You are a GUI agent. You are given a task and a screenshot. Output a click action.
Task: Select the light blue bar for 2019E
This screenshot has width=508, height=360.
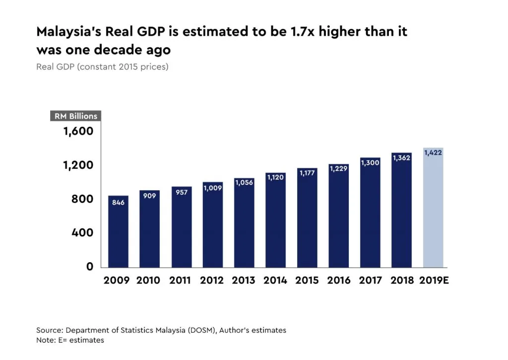point(433,208)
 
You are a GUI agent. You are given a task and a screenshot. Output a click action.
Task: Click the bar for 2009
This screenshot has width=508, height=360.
point(118,231)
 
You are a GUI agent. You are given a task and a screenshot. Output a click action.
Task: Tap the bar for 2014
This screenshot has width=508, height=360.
point(275,220)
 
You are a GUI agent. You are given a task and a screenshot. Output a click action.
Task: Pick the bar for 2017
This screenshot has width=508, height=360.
point(370,213)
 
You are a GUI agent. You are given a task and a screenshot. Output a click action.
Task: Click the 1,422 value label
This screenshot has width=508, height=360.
point(433,153)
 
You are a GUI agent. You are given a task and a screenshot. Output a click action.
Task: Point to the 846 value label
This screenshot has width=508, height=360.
point(118,203)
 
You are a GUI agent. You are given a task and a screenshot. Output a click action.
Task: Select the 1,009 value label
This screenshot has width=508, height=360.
point(212,188)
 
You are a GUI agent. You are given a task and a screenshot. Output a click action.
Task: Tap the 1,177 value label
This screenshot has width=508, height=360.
point(307,173)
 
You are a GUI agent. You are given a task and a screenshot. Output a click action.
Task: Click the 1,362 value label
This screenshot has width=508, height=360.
point(402,158)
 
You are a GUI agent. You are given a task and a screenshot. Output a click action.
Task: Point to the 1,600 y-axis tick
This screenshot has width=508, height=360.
point(78,131)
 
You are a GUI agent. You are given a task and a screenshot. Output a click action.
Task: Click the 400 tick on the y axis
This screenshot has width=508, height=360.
point(82,232)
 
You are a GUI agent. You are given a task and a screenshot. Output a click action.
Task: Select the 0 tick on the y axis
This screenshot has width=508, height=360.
point(89,267)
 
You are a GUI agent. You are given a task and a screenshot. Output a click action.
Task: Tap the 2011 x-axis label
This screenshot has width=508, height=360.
point(180,280)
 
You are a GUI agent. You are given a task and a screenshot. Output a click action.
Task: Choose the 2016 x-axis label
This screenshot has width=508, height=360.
point(338,280)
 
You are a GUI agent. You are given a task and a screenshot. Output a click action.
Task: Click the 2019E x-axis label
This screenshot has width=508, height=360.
point(434,280)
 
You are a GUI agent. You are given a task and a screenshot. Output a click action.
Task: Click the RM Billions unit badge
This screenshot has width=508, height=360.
point(75,116)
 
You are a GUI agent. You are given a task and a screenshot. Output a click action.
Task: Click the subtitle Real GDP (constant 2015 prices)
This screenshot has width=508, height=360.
point(102,67)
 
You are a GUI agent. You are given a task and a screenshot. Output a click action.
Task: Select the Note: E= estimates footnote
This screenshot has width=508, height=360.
point(70,340)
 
